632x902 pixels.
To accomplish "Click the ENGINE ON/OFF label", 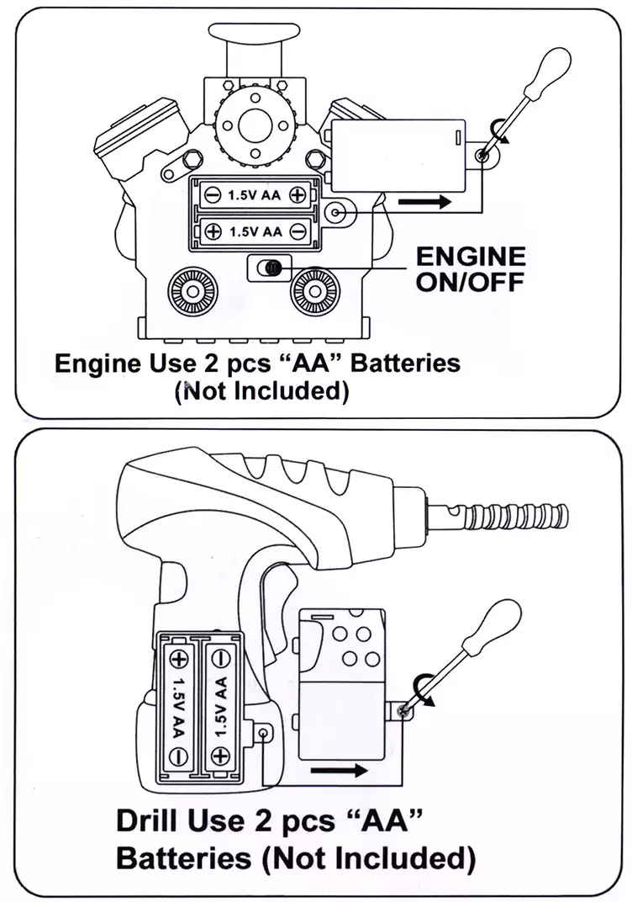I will click(470, 268).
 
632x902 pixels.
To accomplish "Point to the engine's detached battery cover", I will click(397, 155).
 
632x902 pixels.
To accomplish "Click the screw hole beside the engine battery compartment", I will click(338, 212).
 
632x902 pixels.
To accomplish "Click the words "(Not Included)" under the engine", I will click(261, 391).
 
